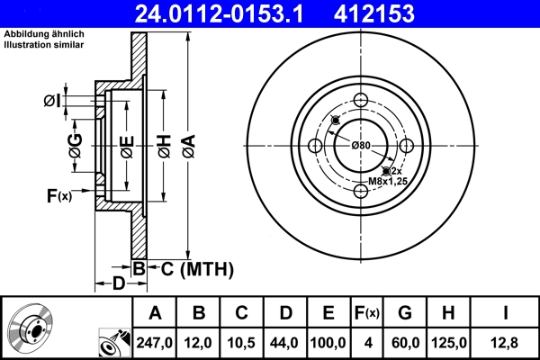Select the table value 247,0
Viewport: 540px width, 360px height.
155,343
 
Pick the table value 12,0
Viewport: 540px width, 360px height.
199,343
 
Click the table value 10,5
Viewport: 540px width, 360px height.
242,343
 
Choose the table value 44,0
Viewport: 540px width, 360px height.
285,343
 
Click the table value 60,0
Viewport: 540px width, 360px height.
406,343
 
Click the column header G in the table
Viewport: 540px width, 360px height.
406,313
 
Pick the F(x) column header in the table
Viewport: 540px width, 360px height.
367,313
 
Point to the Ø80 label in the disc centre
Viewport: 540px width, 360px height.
361,146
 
